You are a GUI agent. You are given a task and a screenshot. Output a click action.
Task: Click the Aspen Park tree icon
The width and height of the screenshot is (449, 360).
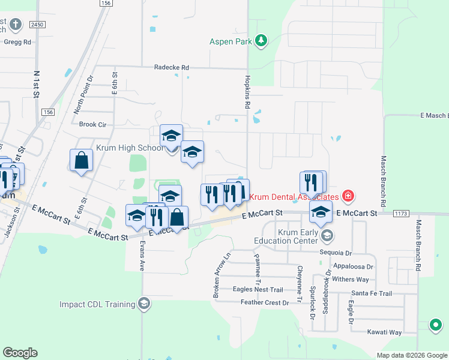pyautogui.click(x=261, y=41)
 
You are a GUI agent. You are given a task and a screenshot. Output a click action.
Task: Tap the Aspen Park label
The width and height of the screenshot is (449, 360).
pyautogui.click(x=231, y=41)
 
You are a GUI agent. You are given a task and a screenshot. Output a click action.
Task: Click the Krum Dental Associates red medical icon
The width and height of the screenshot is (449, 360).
pyautogui.click(x=347, y=196)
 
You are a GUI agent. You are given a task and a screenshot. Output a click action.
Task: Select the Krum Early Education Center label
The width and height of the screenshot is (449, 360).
pyautogui.click(x=289, y=236)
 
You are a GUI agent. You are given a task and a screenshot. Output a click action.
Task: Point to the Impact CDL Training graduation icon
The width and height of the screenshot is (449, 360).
pyautogui.click(x=143, y=304)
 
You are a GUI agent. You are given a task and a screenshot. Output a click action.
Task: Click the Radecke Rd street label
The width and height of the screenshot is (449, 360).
pyautogui.click(x=171, y=68)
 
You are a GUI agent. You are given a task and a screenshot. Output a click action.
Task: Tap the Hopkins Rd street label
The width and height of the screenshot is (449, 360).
pyautogui.click(x=247, y=91)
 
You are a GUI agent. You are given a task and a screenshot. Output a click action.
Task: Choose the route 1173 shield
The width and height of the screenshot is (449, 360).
pyautogui.click(x=402, y=214)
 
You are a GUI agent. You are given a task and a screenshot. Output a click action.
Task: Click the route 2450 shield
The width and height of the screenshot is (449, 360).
pyautogui.click(x=37, y=25)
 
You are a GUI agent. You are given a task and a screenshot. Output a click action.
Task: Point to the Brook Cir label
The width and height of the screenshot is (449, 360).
pyautogui.click(x=92, y=125)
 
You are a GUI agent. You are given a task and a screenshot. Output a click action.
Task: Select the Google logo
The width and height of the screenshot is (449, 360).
pyautogui.click(x=20, y=353)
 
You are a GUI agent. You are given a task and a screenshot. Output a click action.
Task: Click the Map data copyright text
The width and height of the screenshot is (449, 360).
pyautogui.click(x=411, y=355)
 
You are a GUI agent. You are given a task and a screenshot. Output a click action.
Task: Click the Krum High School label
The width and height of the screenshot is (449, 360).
pyautogui.click(x=130, y=148)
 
